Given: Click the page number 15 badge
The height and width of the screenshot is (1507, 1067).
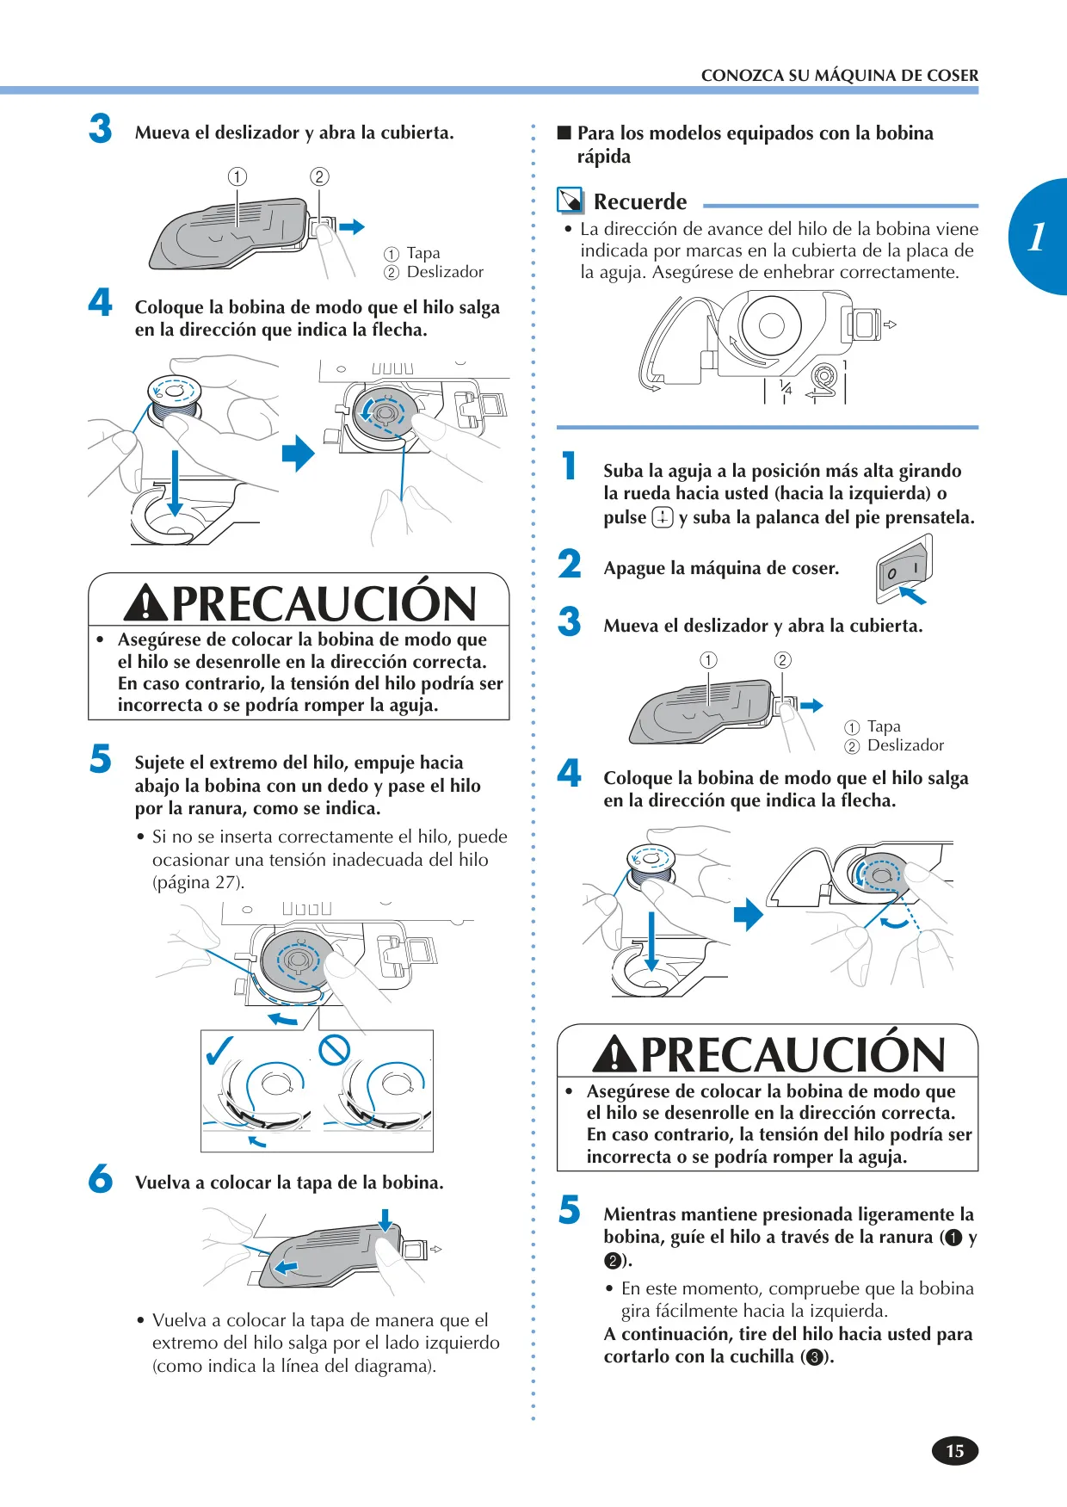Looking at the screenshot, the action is (955, 1450).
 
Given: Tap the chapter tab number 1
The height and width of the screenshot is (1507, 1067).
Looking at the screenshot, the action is (1037, 237).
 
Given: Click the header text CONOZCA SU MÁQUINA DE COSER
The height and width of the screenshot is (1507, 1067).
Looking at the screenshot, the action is (840, 76).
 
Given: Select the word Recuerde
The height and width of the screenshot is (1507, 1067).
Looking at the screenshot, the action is (640, 201).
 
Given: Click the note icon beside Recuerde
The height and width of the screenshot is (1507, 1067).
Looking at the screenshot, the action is (570, 201).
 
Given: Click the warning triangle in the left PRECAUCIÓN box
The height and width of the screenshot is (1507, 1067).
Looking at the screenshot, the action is (145, 602).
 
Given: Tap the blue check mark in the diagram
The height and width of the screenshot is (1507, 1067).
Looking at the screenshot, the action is (219, 1049).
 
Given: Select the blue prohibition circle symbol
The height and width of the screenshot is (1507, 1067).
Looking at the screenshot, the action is (334, 1049).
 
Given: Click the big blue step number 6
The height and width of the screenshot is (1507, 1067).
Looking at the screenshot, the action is (101, 1178).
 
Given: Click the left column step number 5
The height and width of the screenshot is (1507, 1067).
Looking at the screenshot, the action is (101, 759).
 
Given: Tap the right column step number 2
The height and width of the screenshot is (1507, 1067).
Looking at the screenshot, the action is (570, 565).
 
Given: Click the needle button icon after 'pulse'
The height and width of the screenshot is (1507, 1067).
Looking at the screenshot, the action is (663, 517).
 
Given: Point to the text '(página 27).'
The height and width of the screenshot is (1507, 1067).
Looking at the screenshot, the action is (198, 882).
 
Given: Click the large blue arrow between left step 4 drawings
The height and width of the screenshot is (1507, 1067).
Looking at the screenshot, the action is (299, 453).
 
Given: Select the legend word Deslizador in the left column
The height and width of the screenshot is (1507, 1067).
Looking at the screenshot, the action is (445, 272).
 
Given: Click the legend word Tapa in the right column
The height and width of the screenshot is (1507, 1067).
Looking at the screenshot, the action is (884, 726).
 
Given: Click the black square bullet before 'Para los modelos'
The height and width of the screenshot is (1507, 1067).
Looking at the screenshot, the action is (564, 133).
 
